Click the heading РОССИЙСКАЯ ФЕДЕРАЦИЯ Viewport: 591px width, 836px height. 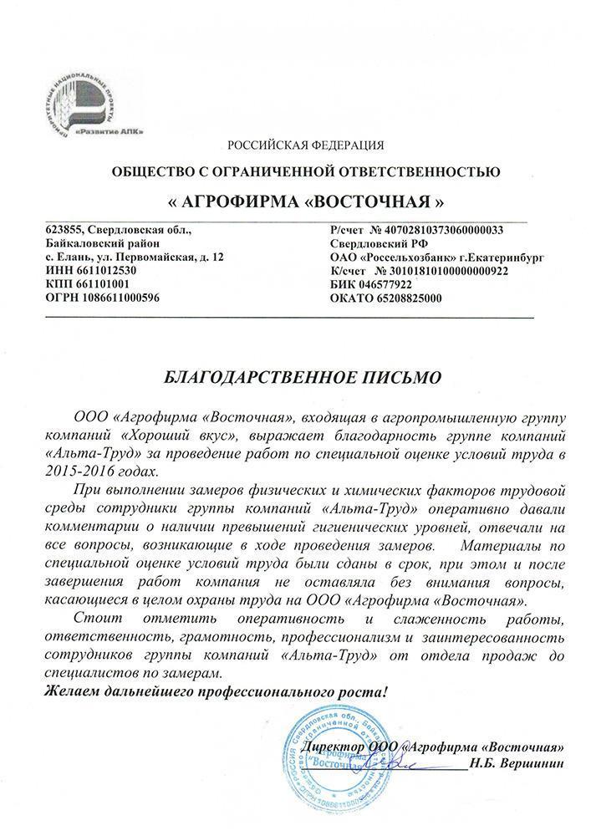coord(305,146)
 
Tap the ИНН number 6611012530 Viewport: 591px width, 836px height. coord(100,271)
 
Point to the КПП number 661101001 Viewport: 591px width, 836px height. coord(98,284)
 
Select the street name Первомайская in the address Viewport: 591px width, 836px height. coord(149,257)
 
